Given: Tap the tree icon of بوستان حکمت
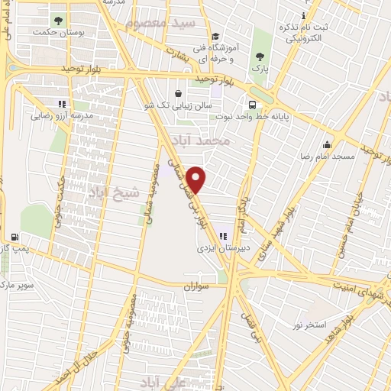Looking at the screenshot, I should coord(58,18).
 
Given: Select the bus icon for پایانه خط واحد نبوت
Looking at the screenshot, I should coord(251,106).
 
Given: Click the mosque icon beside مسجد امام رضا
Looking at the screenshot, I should coord(327,145).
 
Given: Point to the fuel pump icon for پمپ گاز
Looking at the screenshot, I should coord(12,237).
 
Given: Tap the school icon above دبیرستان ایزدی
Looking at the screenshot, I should coord(223,237).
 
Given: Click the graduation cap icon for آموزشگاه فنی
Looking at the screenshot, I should coord(215,36).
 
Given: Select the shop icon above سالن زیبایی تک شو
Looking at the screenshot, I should coord(178,93).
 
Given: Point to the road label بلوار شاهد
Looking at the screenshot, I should coord(357,317).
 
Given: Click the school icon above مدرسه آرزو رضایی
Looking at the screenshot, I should coord(62,105).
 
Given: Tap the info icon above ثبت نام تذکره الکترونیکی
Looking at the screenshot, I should coord(304,16).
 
